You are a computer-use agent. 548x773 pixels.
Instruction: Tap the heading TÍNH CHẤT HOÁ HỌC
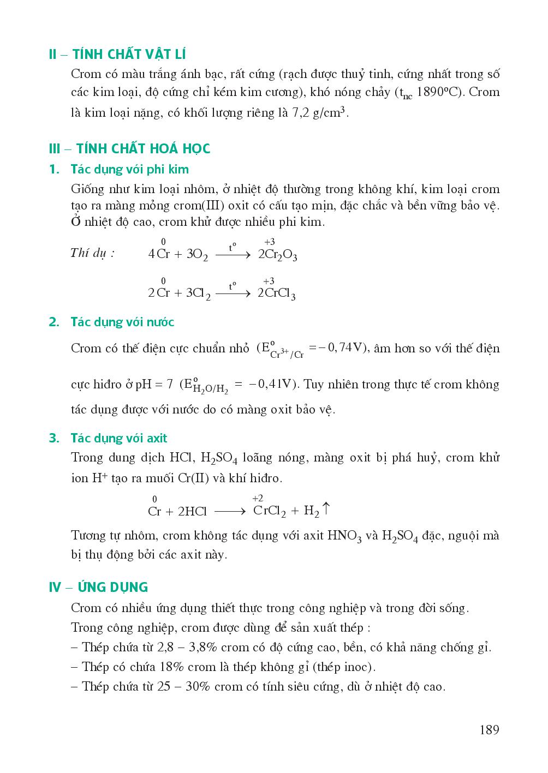tap(143, 149)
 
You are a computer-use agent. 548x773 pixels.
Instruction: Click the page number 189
tap(490, 730)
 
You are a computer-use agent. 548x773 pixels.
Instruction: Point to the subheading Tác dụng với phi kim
tap(130, 169)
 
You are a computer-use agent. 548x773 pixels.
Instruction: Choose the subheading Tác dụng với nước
tap(122, 322)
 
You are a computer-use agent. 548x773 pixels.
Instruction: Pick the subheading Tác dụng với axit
tap(119, 438)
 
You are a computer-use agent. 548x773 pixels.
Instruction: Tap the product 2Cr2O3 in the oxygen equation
tap(277, 255)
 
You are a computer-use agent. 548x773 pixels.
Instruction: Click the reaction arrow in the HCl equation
tap(230, 512)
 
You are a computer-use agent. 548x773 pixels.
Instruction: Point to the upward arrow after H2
tap(326, 510)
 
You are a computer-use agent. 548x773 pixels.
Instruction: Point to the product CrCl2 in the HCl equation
tap(270, 512)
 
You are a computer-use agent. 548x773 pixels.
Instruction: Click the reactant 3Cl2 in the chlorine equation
tap(198, 293)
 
